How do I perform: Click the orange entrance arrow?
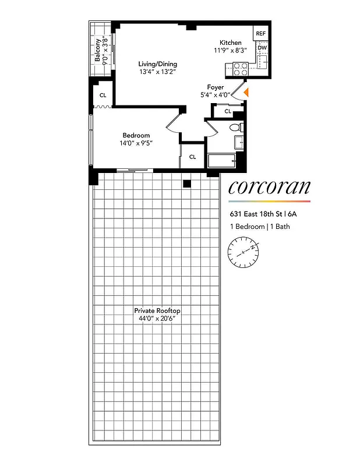(x=246, y=92)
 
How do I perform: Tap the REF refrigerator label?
(x=261, y=34)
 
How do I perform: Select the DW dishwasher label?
(x=262, y=48)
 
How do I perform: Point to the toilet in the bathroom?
(x=235, y=128)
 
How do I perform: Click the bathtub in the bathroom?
(x=221, y=161)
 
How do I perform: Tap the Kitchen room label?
(x=230, y=43)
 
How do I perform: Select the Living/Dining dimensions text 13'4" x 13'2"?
(x=157, y=72)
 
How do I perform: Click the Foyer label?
(x=216, y=87)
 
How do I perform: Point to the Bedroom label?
(x=136, y=136)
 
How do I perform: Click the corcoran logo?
(x=269, y=187)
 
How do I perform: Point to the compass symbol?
(x=243, y=252)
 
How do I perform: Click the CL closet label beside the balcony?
(x=103, y=95)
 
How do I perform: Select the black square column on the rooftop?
(x=186, y=184)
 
